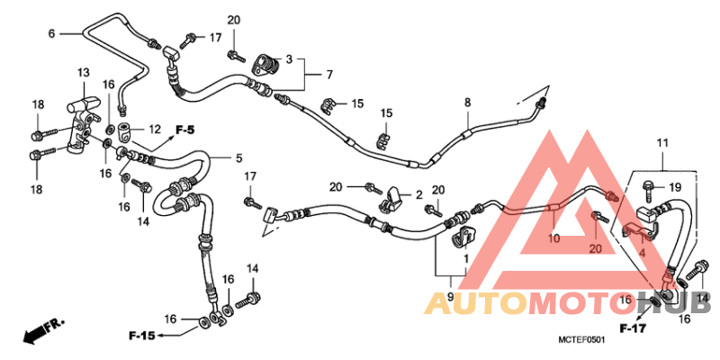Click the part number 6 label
tap(51, 33)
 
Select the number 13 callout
tap(83, 73)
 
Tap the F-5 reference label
tap(184, 130)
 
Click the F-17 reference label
tap(633, 328)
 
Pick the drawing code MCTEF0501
tap(581, 340)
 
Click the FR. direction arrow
tap(43, 330)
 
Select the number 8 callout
tap(467, 103)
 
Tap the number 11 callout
tap(662, 143)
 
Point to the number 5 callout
tap(238, 158)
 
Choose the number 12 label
tap(155, 130)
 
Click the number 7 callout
tap(329, 75)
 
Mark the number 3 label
tap(289, 59)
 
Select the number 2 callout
tap(418, 195)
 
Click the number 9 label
tap(450, 297)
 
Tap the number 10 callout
tap(554, 238)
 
